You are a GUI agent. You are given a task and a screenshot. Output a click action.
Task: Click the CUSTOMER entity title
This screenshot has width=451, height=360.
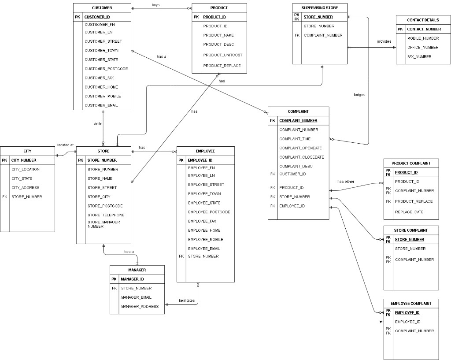pos(102,8)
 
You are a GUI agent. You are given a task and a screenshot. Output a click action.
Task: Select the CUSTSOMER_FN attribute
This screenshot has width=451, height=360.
pos(100,25)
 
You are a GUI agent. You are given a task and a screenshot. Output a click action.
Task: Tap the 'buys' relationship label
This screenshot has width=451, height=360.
pos(155,5)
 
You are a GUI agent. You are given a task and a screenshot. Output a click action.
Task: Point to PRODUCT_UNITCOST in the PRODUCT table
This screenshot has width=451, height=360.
pos(222,55)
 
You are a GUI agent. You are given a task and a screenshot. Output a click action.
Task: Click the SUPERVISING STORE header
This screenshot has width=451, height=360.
pos(320,8)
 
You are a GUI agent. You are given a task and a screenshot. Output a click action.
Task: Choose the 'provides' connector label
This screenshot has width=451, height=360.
pos(384,41)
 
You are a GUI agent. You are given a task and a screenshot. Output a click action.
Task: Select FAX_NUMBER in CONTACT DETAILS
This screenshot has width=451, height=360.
pos(419,56)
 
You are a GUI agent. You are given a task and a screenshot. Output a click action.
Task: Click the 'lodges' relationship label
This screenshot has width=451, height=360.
pos(359,95)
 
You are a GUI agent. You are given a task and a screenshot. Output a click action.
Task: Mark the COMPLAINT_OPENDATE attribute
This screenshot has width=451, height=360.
pos(300,148)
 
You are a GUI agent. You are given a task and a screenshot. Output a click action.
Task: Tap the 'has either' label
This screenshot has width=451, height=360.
pos(346,182)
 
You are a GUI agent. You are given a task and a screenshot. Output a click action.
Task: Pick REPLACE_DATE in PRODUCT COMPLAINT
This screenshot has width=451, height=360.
pos(409,212)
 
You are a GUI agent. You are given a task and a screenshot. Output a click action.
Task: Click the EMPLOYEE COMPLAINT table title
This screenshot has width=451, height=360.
pos(411,304)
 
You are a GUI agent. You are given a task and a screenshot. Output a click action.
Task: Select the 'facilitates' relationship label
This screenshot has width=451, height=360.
pos(186,301)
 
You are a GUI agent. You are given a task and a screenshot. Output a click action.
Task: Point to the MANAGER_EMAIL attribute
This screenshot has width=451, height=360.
pos(136,297)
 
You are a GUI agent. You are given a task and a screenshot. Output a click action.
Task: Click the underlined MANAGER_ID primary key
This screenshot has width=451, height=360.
pos(132,279)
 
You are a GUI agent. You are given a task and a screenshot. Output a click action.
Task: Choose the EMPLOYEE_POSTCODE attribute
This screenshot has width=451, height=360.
pos(209,212)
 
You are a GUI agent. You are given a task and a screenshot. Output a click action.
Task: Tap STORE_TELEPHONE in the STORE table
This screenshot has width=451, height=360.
pos(106,215)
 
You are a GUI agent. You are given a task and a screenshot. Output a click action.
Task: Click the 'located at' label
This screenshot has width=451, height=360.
pos(65,145)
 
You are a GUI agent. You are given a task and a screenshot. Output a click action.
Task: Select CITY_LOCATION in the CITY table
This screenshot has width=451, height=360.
pos(26,169)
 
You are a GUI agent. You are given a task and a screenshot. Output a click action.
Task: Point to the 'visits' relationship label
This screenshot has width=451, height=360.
pos(98,124)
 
